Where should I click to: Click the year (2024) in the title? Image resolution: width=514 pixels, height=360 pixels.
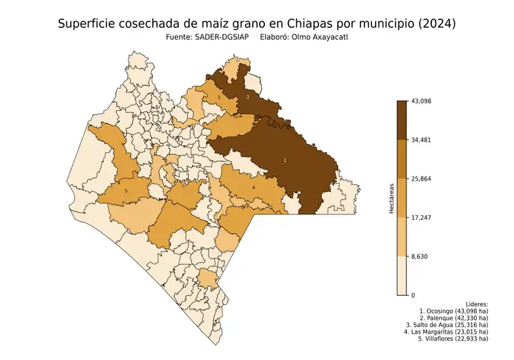click(433, 24)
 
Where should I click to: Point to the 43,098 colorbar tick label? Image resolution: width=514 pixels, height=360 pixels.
click(421, 101)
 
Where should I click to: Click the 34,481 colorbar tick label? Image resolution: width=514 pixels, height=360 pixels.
click(421, 140)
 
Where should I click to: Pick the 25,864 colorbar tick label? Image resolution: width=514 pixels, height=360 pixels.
click(421, 179)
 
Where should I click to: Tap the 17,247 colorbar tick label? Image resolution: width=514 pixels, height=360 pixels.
click(421, 217)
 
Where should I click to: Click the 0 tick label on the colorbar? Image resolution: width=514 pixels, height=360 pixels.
click(413, 294)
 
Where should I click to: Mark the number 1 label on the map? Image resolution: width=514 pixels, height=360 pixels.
click(286, 161)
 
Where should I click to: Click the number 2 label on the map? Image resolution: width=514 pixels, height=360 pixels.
click(247, 96)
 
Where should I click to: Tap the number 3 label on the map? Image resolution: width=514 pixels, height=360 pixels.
click(218, 97)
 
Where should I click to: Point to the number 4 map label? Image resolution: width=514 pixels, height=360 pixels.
click(253, 188)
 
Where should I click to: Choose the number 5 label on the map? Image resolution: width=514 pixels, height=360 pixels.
click(126, 191)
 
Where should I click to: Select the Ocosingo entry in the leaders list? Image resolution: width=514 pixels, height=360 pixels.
click(454, 312)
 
